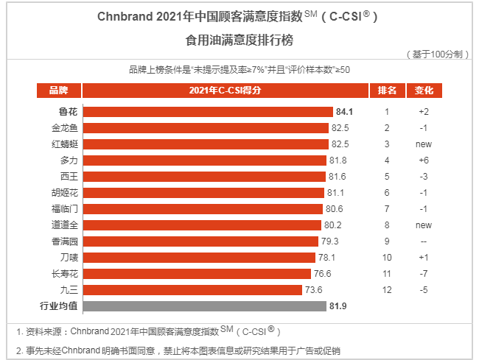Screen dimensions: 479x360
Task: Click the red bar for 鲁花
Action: pyautogui.click(x=208, y=112)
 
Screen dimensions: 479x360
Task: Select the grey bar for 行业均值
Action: pyautogui.click(x=205, y=306)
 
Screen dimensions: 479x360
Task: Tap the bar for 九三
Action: pyautogui.click(x=192, y=290)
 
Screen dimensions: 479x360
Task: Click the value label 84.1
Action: pyautogui.click(x=344, y=112)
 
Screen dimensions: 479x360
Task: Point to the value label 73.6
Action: pyautogui.click(x=314, y=290)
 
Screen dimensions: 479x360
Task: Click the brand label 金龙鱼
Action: pyautogui.click(x=64, y=128)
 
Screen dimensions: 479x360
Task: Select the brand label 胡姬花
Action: pyautogui.click(x=64, y=192)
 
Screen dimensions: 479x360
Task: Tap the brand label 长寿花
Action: pyautogui.click(x=64, y=274)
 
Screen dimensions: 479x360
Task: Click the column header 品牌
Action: pyautogui.click(x=59, y=91)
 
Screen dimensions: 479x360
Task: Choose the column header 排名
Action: pyautogui.click(x=387, y=91)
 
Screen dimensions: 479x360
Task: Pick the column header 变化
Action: pyautogui.click(x=424, y=91)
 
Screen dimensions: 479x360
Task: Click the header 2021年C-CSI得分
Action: pyautogui.click(x=225, y=91)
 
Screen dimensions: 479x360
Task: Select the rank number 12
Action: pyautogui.click(x=387, y=290)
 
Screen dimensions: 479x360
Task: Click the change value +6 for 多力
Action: pyautogui.click(x=424, y=160)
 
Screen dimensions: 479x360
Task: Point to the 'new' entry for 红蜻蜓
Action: pyautogui.click(x=424, y=144)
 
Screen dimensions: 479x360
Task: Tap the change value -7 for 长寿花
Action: pyautogui.click(x=424, y=274)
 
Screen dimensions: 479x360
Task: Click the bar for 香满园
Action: pyautogui.click(x=200, y=241)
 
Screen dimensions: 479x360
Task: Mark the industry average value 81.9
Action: pyautogui.click(x=338, y=306)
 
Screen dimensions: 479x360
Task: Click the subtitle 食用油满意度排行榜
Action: pyautogui.click(x=239, y=40)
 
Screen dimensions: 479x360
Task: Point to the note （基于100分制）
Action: pyautogui.click(x=437, y=54)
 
